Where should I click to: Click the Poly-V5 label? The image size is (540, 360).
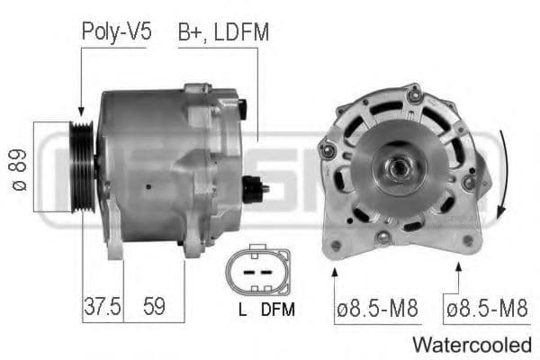[116, 31]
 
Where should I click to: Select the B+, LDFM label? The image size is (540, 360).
[223, 31]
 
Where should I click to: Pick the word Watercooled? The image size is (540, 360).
[472, 344]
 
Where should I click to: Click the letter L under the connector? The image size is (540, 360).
[243, 309]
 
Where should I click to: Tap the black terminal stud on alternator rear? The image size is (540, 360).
[255, 189]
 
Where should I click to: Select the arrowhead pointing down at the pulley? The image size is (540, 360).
[80, 106]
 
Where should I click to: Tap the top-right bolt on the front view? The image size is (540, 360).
[414, 94]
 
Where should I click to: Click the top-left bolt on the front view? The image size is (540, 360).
[328, 148]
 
